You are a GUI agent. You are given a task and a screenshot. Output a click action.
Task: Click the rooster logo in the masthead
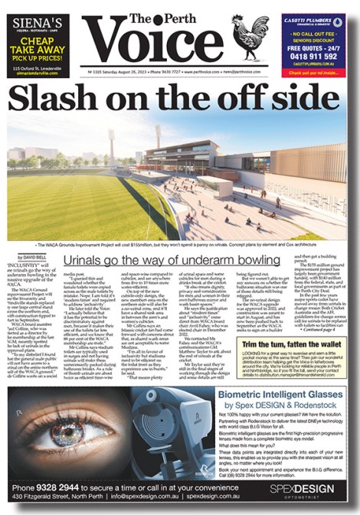click(x=251, y=39)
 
